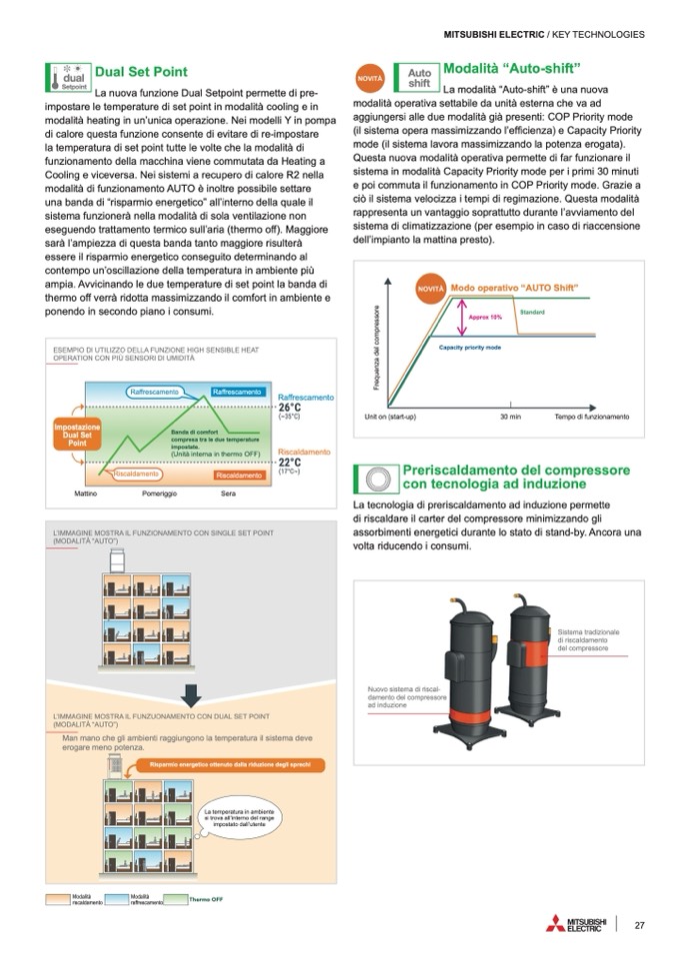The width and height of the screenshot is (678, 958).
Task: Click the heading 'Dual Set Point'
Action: (140, 72)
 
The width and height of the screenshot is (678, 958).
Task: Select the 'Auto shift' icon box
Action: (419, 77)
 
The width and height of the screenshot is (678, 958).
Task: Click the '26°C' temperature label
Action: (290, 408)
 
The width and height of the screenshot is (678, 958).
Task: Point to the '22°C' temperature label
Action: (290, 462)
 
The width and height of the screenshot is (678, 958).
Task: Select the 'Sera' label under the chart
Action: (228, 494)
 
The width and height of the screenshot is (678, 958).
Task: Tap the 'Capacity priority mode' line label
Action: (470, 347)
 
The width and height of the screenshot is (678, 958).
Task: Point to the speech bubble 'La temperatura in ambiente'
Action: (239, 818)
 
